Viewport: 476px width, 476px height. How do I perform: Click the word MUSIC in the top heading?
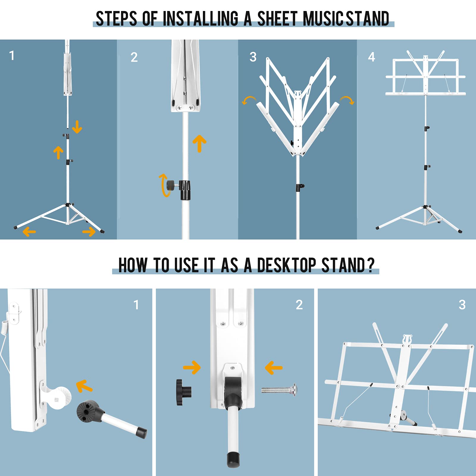(x=324, y=18)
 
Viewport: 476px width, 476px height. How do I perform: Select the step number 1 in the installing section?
(x=12, y=56)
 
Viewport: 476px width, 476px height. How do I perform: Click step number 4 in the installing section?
(x=372, y=57)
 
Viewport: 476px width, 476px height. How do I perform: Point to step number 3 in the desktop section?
(x=462, y=305)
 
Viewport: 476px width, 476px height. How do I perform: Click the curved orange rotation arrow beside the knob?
(x=163, y=185)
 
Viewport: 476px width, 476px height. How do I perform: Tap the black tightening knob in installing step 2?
(x=170, y=185)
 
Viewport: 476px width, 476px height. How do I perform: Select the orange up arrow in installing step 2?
(x=199, y=143)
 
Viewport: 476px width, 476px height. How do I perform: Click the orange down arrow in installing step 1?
(x=77, y=127)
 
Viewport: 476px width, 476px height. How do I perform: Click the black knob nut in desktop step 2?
(x=184, y=392)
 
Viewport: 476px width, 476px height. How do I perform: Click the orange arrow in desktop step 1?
(x=84, y=386)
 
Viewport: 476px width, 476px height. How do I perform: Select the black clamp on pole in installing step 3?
(x=300, y=187)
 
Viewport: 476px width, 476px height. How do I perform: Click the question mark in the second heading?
(x=371, y=265)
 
